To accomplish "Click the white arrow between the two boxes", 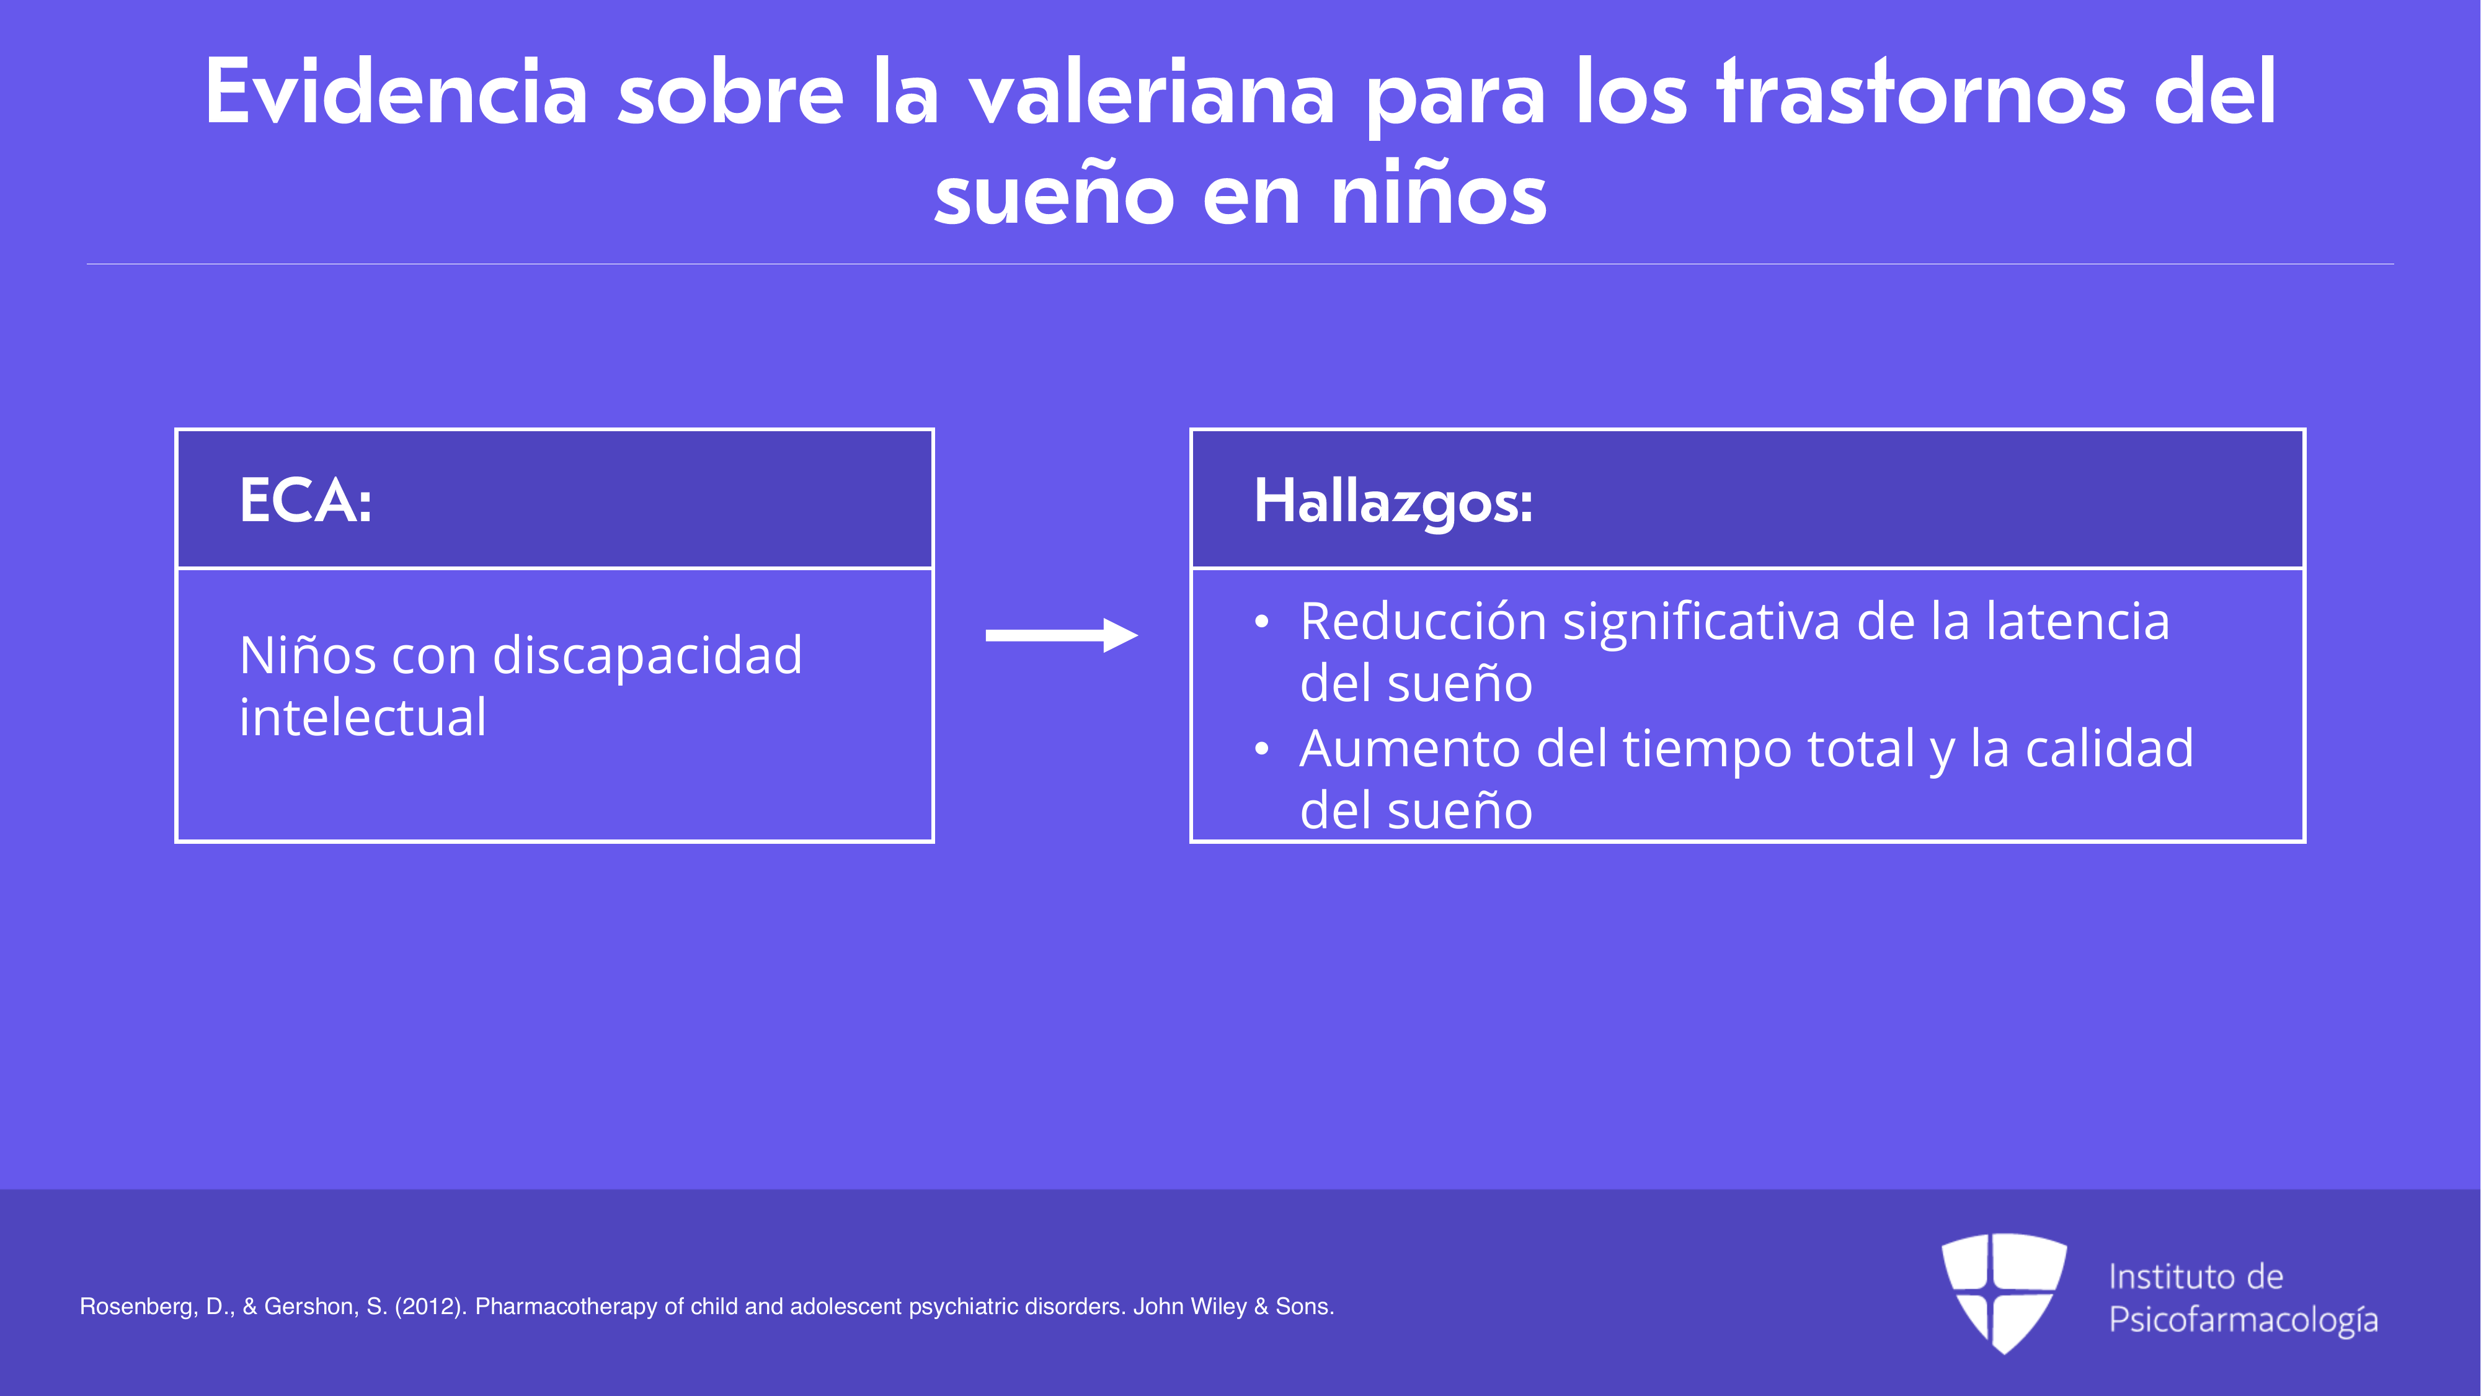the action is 1062,635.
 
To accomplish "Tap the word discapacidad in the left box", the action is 647,655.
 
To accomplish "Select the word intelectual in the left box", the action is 363,718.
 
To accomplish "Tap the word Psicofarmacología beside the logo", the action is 2243,1320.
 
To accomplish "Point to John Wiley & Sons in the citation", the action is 1234,1307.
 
